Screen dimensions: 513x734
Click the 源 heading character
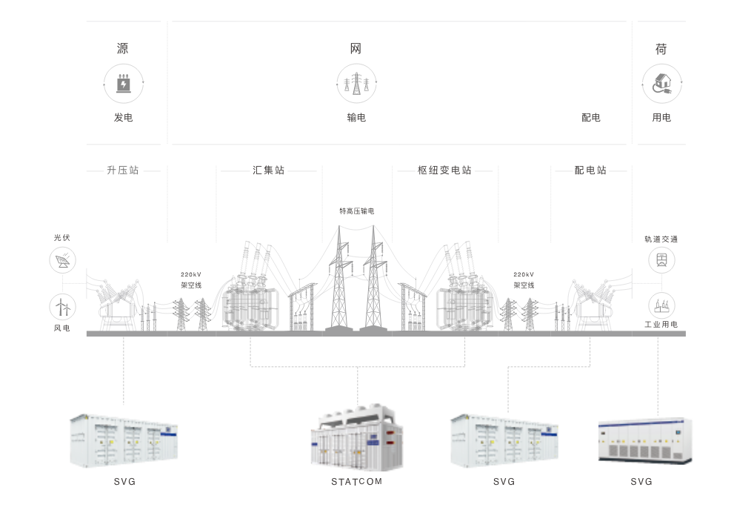pos(123,49)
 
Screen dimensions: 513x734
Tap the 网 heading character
pos(356,49)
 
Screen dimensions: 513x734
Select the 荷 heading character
pos(661,49)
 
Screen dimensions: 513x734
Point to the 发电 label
pos(123,118)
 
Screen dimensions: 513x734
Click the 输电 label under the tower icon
pos(356,118)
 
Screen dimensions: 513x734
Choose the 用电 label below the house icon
pos(661,118)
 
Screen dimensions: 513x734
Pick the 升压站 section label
pos(123,171)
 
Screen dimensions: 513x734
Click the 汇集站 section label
pos(269,171)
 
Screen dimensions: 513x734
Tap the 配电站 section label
pos(590,171)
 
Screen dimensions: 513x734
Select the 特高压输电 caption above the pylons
pos(356,211)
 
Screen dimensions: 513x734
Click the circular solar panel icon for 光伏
pos(62,261)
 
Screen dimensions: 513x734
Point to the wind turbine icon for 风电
pos(62,306)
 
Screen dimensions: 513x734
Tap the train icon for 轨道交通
pos(661,259)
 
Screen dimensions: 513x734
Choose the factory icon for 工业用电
pos(661,305)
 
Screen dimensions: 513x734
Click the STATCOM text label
pos(356,482)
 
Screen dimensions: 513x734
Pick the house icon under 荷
pos(661,82)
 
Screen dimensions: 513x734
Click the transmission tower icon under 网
pos(356,82)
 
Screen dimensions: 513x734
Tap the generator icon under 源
pos(123,82)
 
